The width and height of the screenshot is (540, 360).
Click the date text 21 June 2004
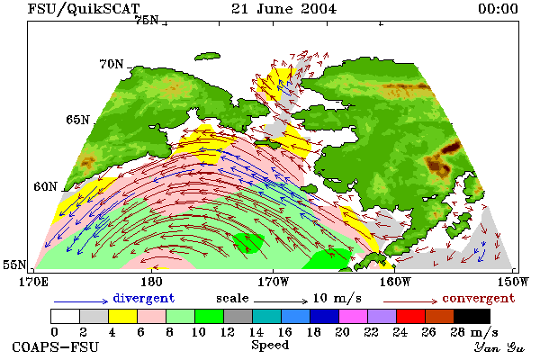(283, 9)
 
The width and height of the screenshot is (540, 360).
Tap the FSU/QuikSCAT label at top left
(84, 9)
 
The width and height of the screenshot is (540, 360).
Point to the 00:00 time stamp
(498, 9)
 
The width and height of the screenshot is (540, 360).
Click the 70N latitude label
(112, 64)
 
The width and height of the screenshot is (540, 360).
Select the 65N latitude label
(77, 120)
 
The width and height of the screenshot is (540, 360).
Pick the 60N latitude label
(45, 186)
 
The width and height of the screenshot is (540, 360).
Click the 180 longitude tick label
(151, 282)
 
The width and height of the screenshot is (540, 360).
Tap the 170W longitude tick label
(273, 282)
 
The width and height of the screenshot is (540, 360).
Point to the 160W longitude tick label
(395, 282)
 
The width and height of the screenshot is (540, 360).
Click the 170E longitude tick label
(33, 282)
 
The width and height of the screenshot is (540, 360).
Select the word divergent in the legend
(144, 298)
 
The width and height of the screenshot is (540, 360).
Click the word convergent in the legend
(479, 298)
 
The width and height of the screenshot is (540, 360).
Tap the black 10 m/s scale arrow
(281, 301)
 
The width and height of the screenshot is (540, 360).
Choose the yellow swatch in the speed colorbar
(122, 316)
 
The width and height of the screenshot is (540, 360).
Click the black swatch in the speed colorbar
(472, 316)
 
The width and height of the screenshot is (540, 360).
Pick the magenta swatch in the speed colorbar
(354, 316)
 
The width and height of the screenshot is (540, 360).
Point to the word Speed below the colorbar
(270, 346)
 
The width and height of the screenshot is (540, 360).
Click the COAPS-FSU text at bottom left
(56, 346)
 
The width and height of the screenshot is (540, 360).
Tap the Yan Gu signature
(499, 347)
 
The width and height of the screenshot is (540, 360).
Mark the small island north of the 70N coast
(207, 57)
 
